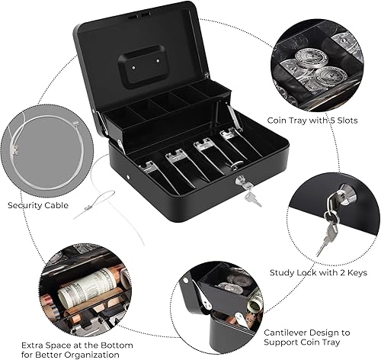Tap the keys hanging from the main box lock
[x=251, y=196]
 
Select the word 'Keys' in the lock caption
[x=354, y=272]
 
